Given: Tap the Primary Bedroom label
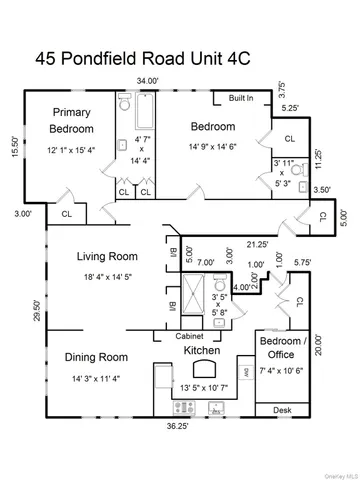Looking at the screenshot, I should [72, 121].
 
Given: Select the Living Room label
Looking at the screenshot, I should [107, 256].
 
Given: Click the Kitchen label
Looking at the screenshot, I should [202, 350].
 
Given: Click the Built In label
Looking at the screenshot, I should [241, 99].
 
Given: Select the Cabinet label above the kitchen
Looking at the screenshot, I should [190, 336].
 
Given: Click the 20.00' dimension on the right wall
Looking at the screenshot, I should [320, 345].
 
